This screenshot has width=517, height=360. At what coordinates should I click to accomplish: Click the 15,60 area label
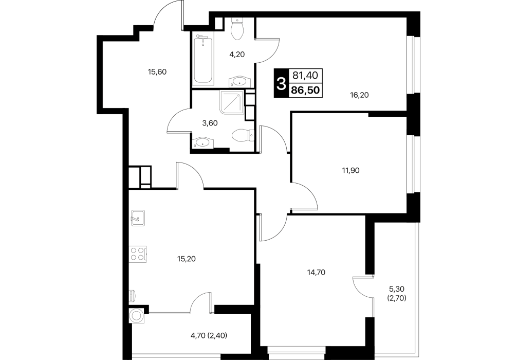pos(157,71)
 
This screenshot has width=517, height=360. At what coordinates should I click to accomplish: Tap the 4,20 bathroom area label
pos(237,55)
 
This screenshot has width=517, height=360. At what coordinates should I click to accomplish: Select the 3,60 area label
pos(210,123)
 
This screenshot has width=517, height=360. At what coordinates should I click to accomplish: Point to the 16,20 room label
pos(359,95)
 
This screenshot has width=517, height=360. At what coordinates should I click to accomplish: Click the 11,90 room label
pos(350,171)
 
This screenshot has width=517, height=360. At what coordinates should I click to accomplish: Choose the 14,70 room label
pos(316,272)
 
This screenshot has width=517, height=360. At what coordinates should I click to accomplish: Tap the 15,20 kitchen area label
pos(186,259)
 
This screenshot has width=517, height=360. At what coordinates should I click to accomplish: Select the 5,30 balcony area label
pos(397,289)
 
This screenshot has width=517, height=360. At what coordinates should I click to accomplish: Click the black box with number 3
pos(281,83)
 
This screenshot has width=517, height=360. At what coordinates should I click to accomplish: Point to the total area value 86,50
pos(305,90)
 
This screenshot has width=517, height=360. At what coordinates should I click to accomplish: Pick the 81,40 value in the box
pos(305,76)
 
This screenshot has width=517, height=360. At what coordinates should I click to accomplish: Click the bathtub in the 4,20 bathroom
pos(203,59)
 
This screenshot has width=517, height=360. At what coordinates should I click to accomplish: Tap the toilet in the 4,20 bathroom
pos(237,28)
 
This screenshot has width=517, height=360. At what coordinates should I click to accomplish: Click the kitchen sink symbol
pos(138,218)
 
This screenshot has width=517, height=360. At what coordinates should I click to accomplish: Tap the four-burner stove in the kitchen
pos(138,254)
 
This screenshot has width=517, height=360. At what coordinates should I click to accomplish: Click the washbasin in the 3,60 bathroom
pos(202,143)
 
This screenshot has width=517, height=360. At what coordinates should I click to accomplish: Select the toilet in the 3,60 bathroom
pos(243,135)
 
